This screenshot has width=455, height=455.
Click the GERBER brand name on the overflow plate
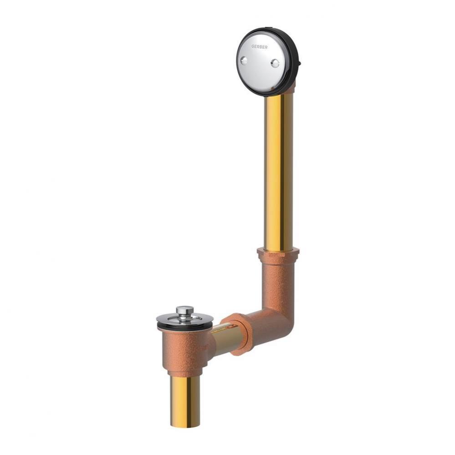(x=259, y=46)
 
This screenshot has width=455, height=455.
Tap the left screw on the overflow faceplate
(x=244, y=61)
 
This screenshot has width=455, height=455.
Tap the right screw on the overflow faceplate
(x=275, y=63)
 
